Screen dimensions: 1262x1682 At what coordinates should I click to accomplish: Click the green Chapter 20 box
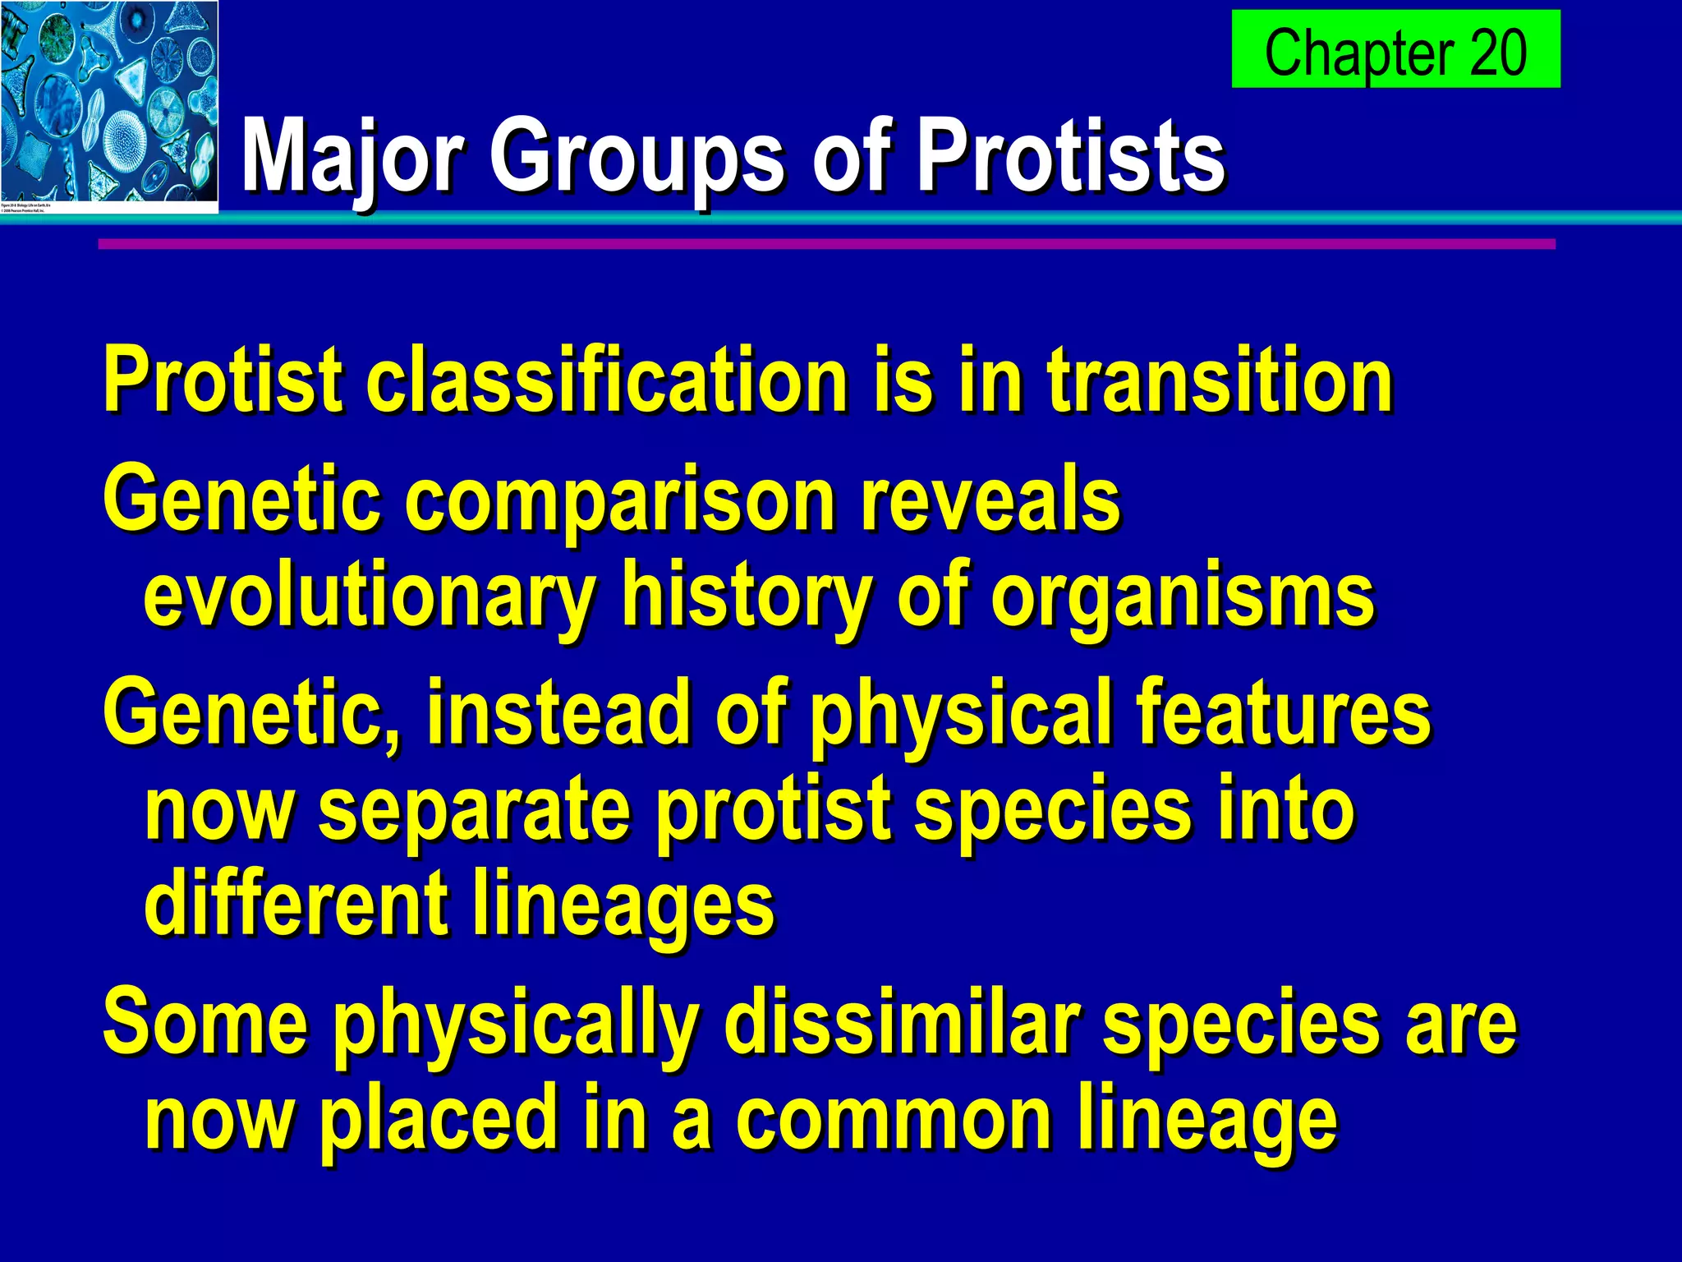click(x=1395, y=49)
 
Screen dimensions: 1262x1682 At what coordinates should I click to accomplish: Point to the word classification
click(x=607, y=380)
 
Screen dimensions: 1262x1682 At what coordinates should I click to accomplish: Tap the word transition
click(x=1219, y=380)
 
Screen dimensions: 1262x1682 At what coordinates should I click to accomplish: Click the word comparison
click(x=619, y=501)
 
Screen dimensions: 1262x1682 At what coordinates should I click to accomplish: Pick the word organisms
click(x=1182, y=596)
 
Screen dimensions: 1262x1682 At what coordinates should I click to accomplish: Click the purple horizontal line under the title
click(x=821, y=244)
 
